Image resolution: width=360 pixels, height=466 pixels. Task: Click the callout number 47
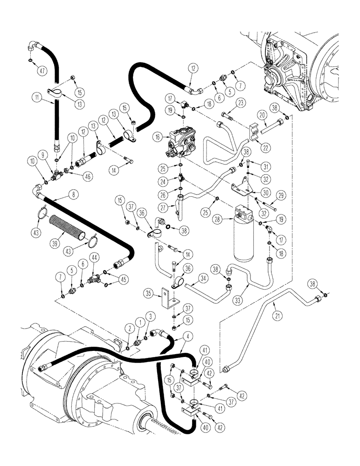[x=43, y=71]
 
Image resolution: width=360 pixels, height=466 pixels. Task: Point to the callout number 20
[x=262, y=115]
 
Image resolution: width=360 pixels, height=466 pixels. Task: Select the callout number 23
[x=241, y=103]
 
